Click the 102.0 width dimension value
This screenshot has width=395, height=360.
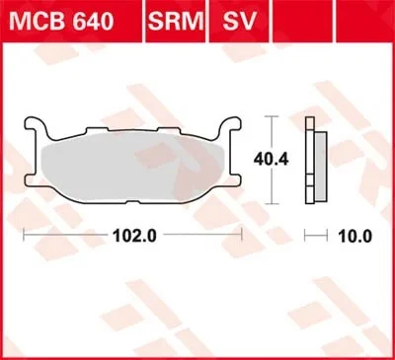point(132,236)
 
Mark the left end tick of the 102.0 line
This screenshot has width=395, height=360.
point(24,236)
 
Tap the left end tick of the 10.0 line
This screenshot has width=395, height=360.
point(305,236)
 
